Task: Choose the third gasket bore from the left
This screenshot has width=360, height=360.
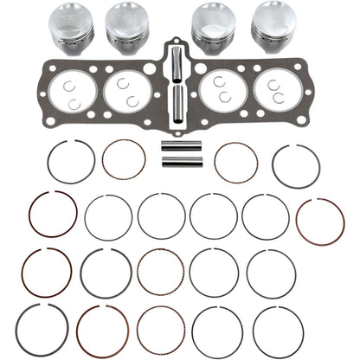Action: pos(225,90)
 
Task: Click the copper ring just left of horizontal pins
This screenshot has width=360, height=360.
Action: pos(124,160)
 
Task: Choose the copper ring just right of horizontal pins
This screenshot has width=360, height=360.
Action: pos(235,163)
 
